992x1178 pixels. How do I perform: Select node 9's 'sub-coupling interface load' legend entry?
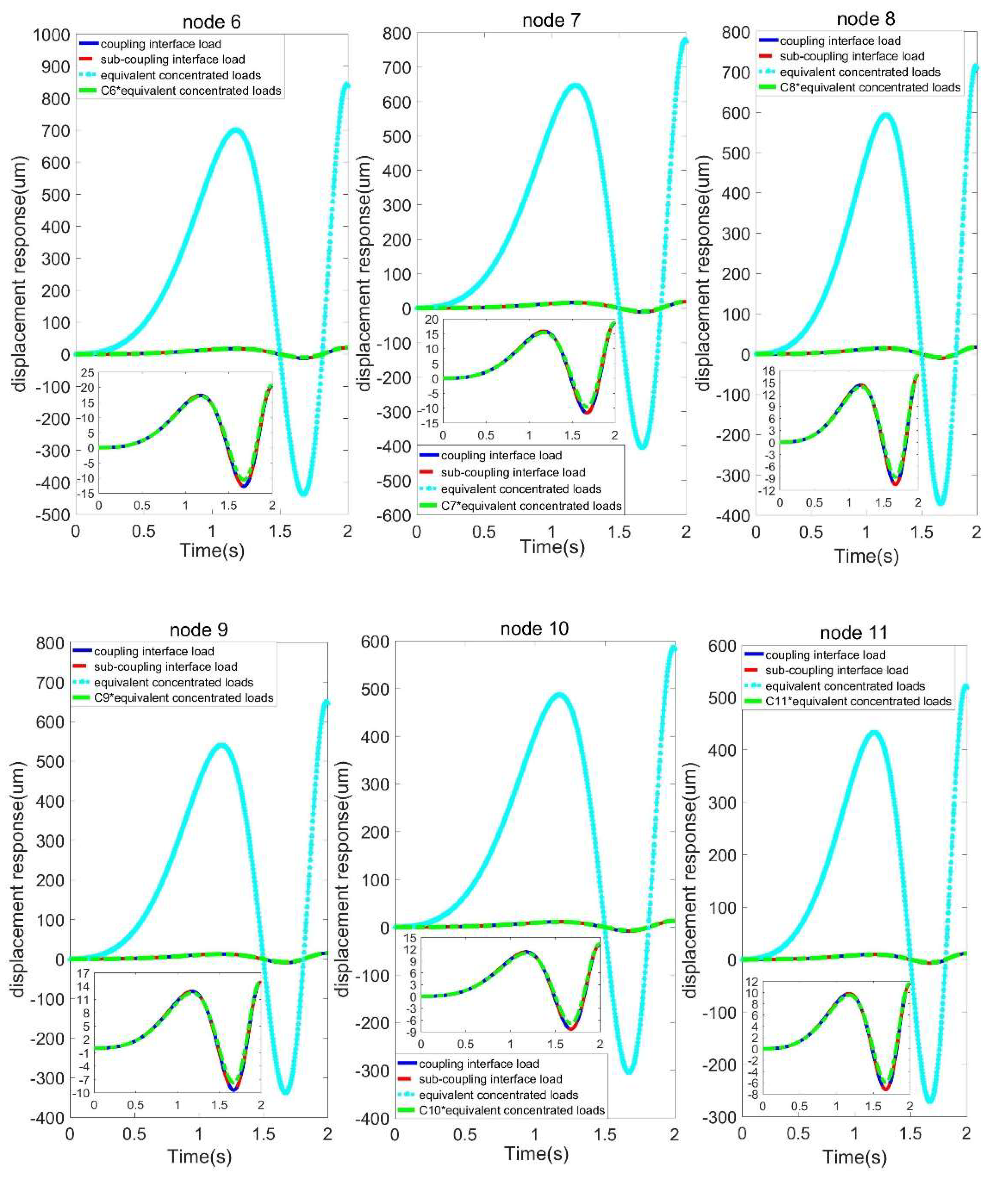165,667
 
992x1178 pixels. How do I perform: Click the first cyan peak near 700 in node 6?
236,130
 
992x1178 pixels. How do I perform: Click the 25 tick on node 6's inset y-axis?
87,373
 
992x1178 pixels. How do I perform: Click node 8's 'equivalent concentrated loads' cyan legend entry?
860,72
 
